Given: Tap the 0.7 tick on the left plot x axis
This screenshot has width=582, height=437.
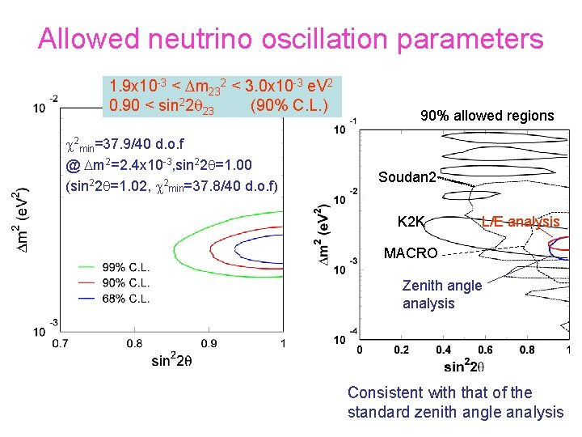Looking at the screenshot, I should pos(61,344).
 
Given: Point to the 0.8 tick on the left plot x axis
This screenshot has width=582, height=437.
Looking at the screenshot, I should pos(135,344).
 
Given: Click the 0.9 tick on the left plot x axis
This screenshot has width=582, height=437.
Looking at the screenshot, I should pos(209,344).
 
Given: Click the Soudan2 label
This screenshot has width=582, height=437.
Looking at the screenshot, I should pos(409,176).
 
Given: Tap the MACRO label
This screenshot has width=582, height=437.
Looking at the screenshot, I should pos(411,253).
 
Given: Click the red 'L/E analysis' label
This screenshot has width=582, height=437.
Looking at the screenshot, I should pos(521,221).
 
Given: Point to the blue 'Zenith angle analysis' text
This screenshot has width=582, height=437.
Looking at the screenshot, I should pos(441,295).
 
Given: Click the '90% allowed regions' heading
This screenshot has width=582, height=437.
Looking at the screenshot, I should pos(487,116).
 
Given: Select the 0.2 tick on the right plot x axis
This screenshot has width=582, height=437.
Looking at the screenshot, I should pos(401,350).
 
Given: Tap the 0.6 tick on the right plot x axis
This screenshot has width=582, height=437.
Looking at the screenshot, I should pos(485,350).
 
